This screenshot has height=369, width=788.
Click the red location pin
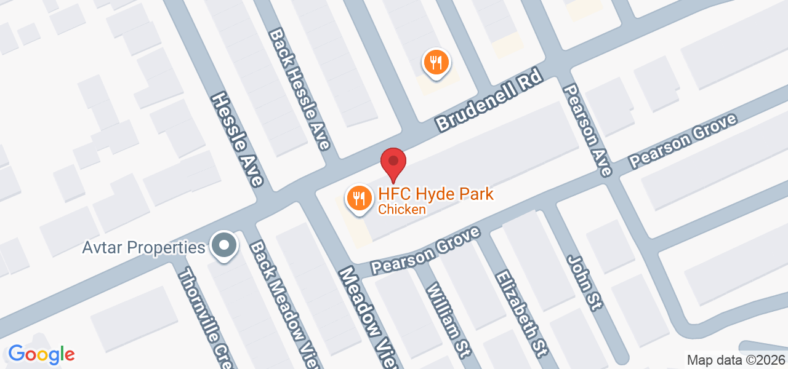coord(393,163)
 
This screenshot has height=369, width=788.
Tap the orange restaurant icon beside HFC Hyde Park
coord(358,199)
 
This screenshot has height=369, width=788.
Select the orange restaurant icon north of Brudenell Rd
coord(436,63)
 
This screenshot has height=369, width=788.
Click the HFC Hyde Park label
coord(436,194)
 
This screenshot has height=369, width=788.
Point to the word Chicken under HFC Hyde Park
coord(401,210)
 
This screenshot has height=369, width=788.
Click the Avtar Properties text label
coord(143,248)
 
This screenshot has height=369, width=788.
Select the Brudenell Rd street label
coord(489,100)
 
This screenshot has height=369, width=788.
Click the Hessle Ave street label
coord(237,140)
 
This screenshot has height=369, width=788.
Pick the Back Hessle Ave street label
coord(300,89)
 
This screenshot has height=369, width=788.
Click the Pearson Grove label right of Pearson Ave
coord(683,141)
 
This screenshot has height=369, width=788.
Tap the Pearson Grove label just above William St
coord(425,252)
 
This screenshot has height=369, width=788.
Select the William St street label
coord(448,320)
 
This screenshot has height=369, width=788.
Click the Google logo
coord(41,354)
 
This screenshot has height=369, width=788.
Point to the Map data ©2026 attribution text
coord(736,360)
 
